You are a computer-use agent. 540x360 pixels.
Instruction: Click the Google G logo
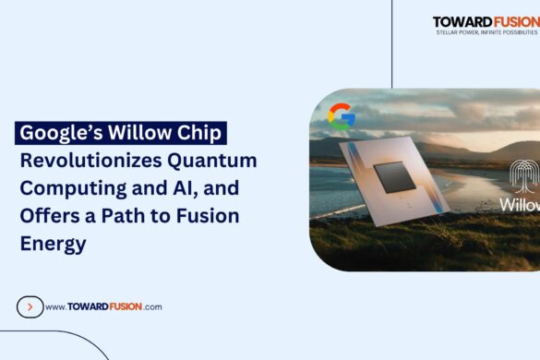tap(341, 115)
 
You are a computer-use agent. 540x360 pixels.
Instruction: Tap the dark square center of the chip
tap(395, 175)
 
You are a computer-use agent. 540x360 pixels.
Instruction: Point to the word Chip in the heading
tap(198, 133)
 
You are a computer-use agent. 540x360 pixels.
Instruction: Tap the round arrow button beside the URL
tap(30, 306)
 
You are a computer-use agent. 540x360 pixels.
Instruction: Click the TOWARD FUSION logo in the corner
tap(486, 21)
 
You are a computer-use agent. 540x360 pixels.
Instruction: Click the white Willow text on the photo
tap(520, 204)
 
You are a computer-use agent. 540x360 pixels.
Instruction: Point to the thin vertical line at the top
tap(392, 42)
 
